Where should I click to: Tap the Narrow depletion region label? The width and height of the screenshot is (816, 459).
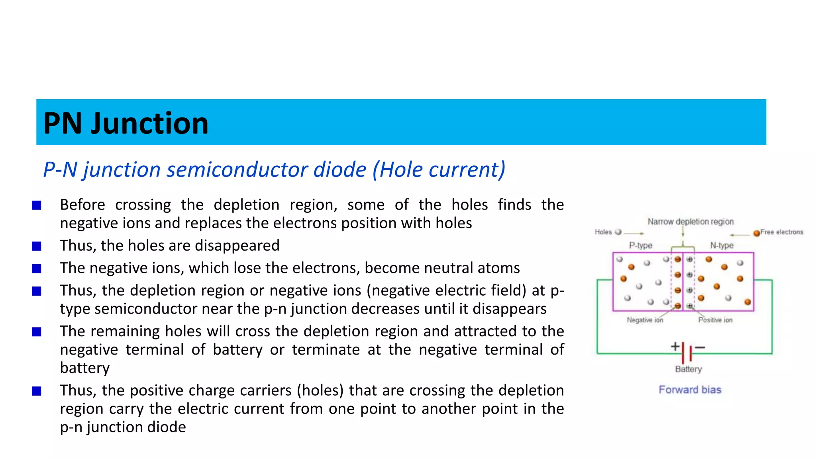[x=690, y=222]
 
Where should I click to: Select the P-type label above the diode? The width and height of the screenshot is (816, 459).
[x=640, y=245]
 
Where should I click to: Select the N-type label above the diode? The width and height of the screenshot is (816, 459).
[x=722, y=245]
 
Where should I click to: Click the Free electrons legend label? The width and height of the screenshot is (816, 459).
[x=781, y=232]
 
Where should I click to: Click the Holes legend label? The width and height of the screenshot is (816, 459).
[x=603, y=232]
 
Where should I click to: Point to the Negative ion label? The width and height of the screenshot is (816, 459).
[x=645, y=320]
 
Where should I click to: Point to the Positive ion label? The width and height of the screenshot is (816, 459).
[x=715, y=320]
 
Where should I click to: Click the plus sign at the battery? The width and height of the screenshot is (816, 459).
[x=675, y=346]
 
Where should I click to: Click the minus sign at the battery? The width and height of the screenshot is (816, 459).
[x=700, y=347]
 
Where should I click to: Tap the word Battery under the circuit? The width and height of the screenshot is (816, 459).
[x=688, y=369]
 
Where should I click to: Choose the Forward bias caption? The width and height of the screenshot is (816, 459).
[x=690, y=390]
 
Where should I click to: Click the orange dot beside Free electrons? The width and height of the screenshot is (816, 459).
[x=756, y=233]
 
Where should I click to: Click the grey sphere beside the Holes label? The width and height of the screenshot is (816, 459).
[x=618, y=232]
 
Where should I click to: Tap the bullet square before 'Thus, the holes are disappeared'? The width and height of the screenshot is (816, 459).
[x=37, y=246]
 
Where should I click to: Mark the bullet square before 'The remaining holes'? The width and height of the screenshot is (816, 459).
[x=37, y=332]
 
